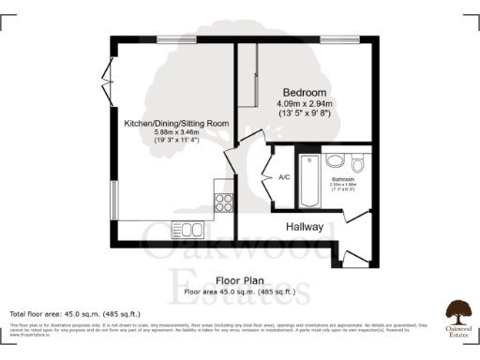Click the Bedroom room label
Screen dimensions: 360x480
(x=305, y=92)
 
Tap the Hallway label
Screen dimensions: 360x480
(x=305, y=227)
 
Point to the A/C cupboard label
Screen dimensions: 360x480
(x=284, y=177)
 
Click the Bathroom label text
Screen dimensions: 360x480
(x=342, y=179)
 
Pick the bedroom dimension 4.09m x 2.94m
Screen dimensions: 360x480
(x=304, y=103)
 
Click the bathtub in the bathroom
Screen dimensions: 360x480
(x=308, y=180)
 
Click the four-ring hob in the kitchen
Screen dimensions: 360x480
(x=223, y=200)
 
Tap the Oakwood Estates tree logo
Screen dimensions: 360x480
(x=457, y=310)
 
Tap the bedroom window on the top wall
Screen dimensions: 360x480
(x=336, y=39)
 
